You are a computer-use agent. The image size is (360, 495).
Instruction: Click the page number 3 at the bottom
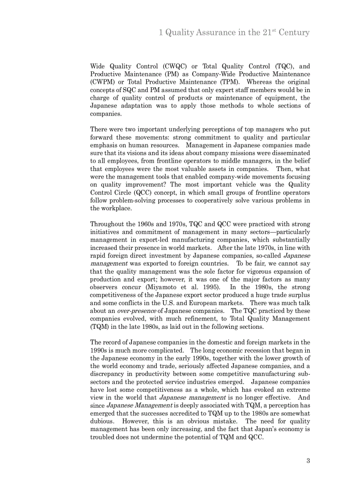click(x=308, y=461)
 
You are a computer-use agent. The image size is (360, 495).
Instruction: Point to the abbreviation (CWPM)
click(x=102, y=82)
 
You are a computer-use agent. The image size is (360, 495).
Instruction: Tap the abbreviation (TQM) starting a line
click(x=100, y=327)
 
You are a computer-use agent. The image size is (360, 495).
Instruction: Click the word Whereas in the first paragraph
click(x=259, y=82)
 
